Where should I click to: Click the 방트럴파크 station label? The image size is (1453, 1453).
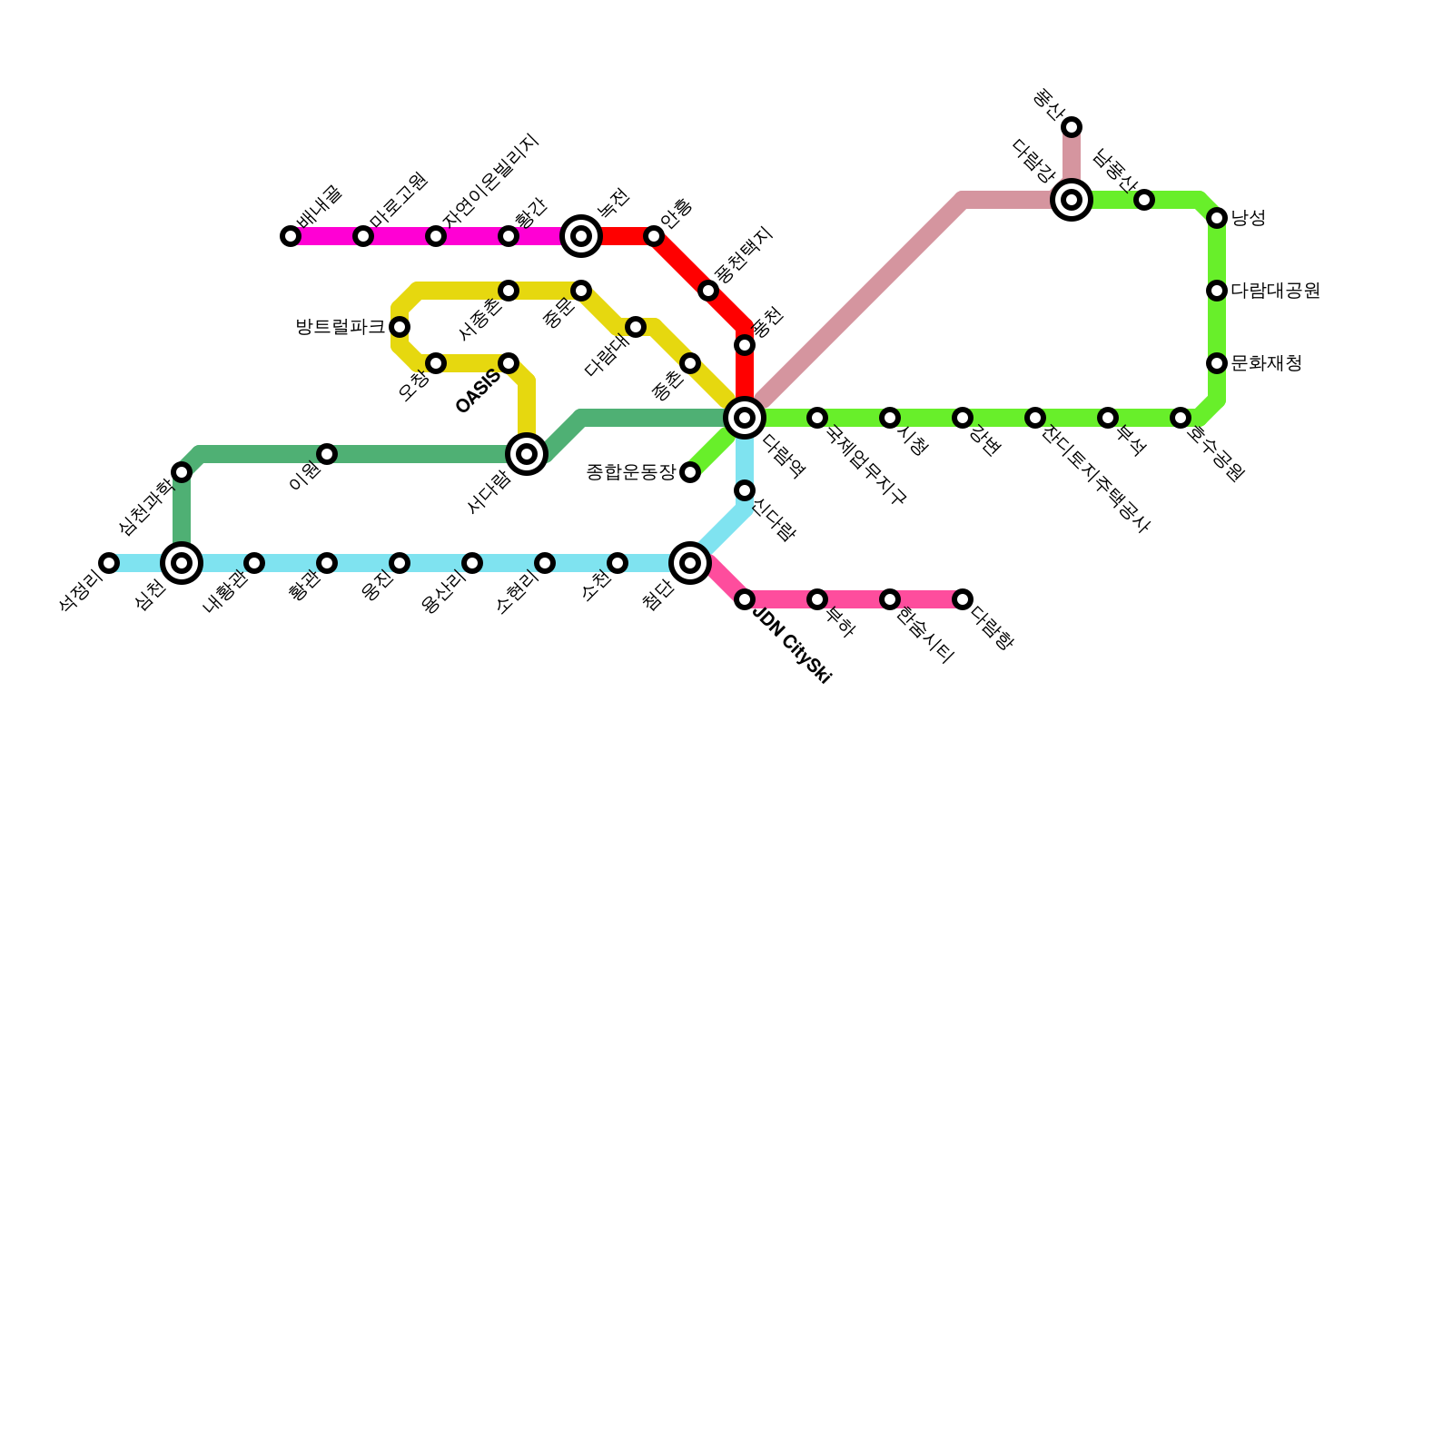point(341,327)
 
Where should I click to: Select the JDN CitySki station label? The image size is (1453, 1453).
point(792,647)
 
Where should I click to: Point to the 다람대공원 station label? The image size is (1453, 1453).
point(1275,291)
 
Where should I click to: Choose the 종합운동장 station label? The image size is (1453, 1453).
point(631,472)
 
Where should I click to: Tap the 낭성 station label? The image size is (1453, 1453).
point(1248,218)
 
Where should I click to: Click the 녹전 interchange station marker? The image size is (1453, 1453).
point(581,236)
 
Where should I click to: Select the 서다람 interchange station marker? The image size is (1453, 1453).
point(527,454)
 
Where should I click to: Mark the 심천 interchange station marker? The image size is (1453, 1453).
point(182,563)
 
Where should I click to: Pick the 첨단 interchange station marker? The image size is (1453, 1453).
point(690,563)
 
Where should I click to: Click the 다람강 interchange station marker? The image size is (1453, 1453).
point(1072,200)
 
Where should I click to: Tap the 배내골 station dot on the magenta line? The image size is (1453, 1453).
point(291,236)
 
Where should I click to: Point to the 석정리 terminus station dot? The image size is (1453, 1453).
point(109,563)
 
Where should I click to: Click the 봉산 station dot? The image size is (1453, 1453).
point(1072,127)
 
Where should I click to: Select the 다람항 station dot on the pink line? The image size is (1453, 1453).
point(963,599)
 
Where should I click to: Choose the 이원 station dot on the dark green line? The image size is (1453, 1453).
point(327,454)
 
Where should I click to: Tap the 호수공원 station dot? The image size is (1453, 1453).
point(1181,418)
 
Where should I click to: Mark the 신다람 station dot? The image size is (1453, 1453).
point(745,490)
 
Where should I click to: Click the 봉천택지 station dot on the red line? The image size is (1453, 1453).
point(708,291)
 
